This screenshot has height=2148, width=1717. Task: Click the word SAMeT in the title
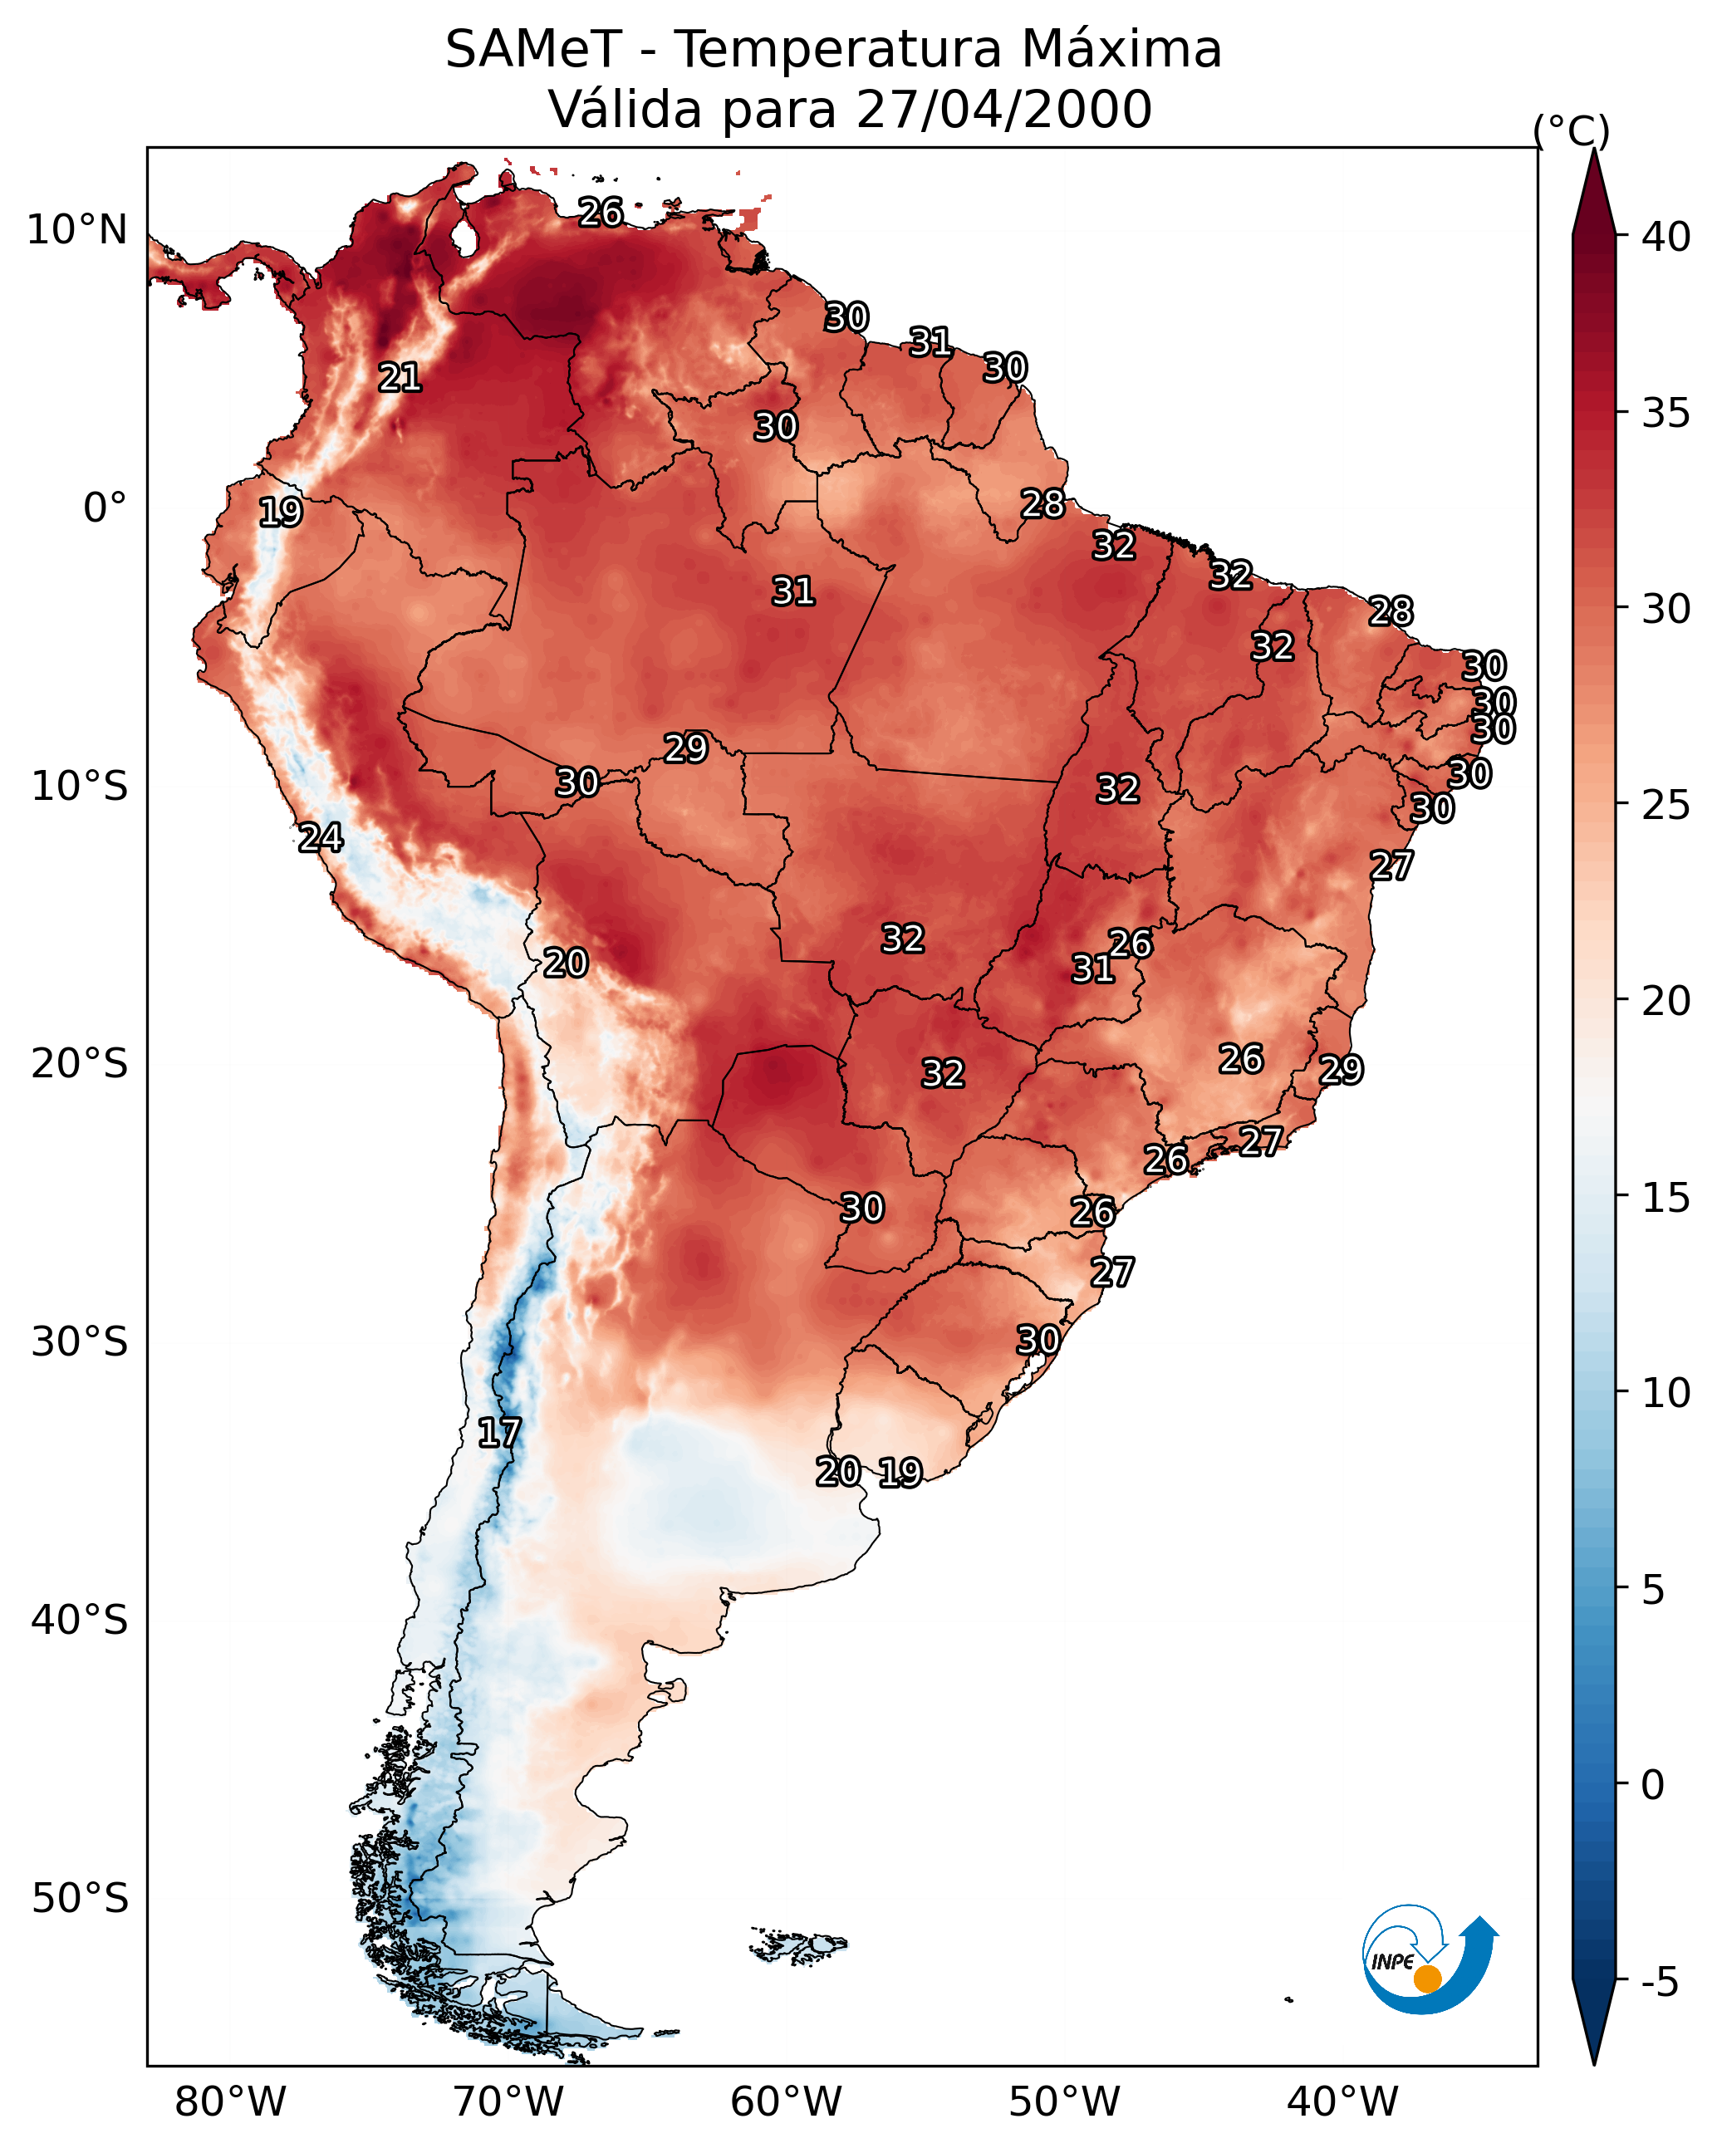click(x=533, y=50)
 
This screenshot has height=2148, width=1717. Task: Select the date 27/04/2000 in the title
click(x=1003, y=110)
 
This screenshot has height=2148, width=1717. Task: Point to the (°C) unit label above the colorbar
click(x=1572, y=131)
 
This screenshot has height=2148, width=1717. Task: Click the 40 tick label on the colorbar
click(x=1666, y=237)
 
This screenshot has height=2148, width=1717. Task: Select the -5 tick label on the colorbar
click(x=1661, y=1983)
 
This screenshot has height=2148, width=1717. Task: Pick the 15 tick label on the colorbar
click(x=1666, y=1198)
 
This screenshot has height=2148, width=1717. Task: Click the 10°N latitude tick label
click(x=76, y=230)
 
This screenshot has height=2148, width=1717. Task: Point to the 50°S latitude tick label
click(x=80, y=1900)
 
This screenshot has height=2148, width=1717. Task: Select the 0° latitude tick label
click(x=105, y=508)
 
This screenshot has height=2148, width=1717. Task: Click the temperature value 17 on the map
click(x=499, y=1434)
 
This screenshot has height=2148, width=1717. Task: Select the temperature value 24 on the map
click(x=321, y=838)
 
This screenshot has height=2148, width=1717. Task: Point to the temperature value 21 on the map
click(x=400, y=378)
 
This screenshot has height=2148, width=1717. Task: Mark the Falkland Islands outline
click(x=797, y=1946)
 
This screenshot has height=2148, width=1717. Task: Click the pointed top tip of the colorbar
click(x=1593, y=149)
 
